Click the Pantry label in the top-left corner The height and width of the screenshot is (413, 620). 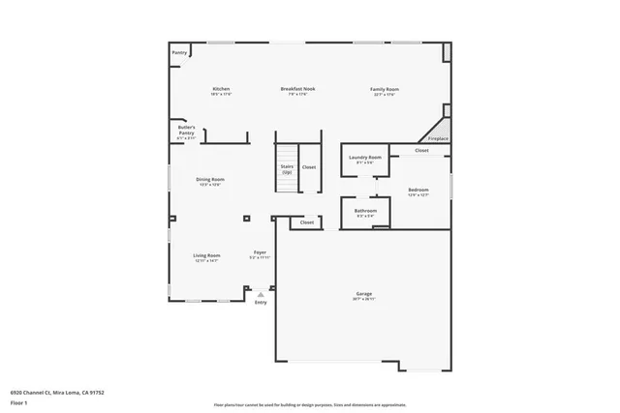(x=179, y=52)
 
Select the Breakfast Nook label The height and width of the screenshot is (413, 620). (x=297, y=89)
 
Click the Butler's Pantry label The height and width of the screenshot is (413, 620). (x=186, y=130)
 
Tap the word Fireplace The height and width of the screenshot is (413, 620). (x=439, y=138)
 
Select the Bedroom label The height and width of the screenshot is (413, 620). (x=418, y=190)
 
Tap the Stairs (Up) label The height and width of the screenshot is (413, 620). (x=287, y=168)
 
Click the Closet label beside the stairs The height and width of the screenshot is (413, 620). (x=308, y=167)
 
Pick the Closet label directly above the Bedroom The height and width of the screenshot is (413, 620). (x=422, y=151)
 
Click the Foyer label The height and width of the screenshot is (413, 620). (x=260, y=253)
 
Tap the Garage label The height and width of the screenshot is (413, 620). (x=364, y=294)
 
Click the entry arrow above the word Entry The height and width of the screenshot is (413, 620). (x=260, y=292)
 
